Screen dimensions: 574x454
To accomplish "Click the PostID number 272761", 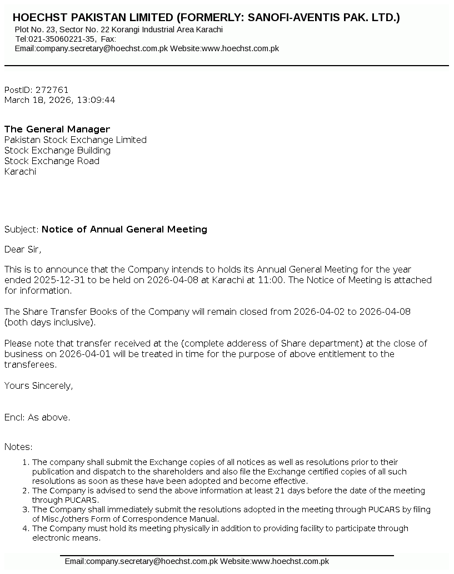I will pyautogui.click(x=52, y=90).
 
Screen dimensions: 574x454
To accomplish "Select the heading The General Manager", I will pyautogui.click(x=57, y=130).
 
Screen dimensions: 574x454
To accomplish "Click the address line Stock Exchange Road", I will pyautogui.click(x=52, y=161).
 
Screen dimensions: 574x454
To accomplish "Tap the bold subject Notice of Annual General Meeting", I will pyautogui.click(x=124, y=229).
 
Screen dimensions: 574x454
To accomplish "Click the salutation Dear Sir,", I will pyautogui.click(x=23, y=249).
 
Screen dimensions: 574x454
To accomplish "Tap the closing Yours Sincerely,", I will pyautogui.click(x=38, y=385).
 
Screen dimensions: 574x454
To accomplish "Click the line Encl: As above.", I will pyautogui.click(x=37, y=418).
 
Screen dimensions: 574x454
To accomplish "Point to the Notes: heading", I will pyautogui.click(x=18, y=447).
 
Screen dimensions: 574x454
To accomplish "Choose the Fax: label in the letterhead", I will pyautogui.click(x=108, y=39).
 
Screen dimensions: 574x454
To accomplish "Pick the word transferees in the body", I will pyautogui.click(x=31, y=365).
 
